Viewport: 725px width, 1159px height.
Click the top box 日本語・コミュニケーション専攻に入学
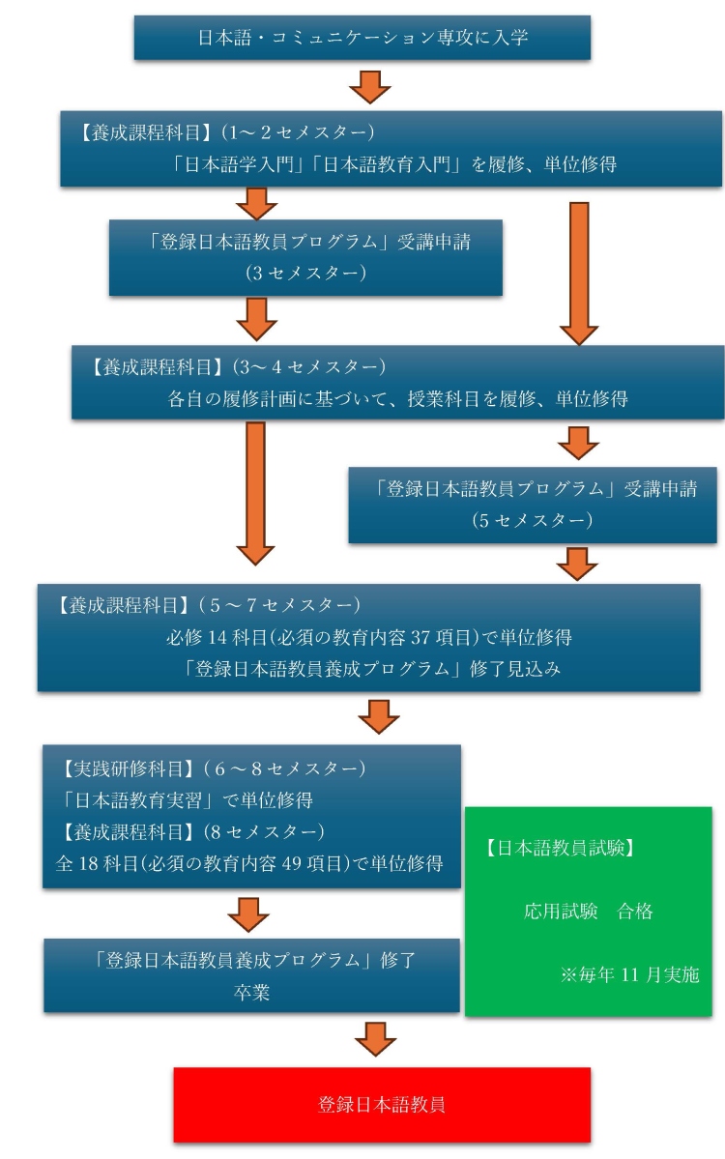tap(362, 37)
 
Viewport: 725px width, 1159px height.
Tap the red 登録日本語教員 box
tap(382, 1104)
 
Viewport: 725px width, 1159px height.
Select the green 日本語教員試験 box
tap(589, 911)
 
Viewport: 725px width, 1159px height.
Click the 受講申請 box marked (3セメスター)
tap(306, 257)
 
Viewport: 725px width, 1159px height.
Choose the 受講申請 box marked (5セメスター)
tap(533, 505)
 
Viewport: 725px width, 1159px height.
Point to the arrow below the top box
tap(369, 86)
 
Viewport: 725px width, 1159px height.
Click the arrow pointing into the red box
tap(375, 1038)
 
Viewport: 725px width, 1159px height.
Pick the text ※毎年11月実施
tap(629, 975)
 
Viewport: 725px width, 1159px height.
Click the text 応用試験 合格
tap(589, 911)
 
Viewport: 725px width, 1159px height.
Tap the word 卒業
tap(252, 992)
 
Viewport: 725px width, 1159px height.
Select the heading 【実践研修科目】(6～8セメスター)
tap(212, 768)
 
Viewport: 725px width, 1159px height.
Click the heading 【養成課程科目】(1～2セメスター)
tap(225, 132)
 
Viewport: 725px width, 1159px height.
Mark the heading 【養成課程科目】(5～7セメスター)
tap(207, 605)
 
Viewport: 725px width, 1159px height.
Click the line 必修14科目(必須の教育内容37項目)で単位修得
tap(368, 637)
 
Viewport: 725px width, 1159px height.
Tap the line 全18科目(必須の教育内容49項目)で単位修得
tap(249, 863)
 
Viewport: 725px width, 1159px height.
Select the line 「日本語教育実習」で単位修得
tap(187, 800)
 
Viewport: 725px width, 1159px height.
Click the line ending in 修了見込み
tap(372, 669)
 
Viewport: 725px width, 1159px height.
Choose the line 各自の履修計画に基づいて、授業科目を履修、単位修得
tap(397, 399)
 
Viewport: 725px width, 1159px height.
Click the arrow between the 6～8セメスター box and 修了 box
tap(248, 914)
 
